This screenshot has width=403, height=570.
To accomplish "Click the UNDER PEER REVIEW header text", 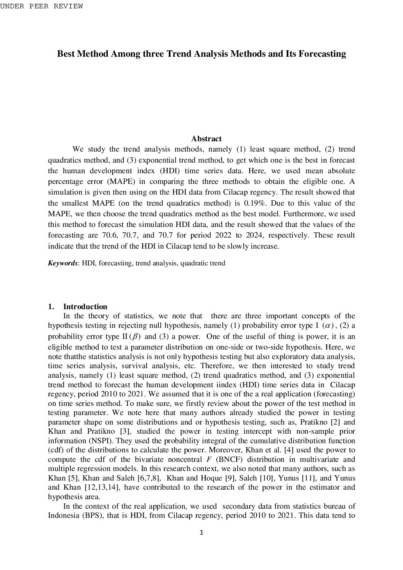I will coord(42,6).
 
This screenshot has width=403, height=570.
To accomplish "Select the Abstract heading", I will coord(206,139).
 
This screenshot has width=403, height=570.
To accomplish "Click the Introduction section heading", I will coord(85,307).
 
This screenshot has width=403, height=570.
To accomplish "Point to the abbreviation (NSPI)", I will coord(92,441).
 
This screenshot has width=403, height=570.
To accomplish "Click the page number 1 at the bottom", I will coord(201,532).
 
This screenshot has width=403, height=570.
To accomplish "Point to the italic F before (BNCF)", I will coord(209,459).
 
